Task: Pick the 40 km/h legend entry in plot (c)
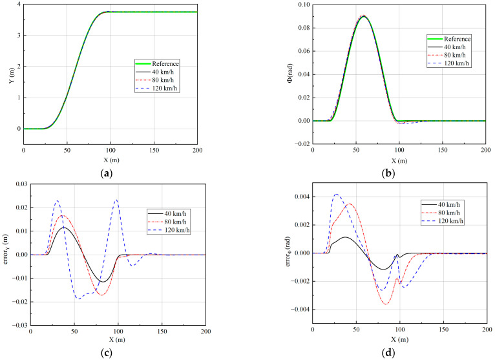pyautogui.click(x=166, y=213)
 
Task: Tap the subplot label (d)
pyautogui.click(x=399, y=355)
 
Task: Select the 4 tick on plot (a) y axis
pyautogui.click(x=18, y=5)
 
